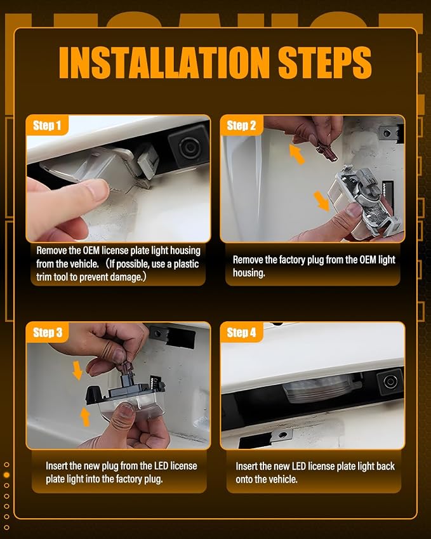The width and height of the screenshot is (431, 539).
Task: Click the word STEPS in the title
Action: [x=325, y=62]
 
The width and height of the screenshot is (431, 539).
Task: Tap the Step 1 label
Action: [x=47, y=126]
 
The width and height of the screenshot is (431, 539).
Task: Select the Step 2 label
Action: [x=241, y=126]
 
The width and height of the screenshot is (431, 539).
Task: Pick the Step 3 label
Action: [x=48, y=333]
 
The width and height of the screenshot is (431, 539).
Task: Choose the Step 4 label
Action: [x=241, y=333]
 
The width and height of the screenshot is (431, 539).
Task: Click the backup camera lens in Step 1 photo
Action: [x=188, y=147]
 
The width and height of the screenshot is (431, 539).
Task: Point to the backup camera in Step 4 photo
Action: [x=390, y=381]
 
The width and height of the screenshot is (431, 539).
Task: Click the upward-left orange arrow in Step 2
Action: [x=296, y=154]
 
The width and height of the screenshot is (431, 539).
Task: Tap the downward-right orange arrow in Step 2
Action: [x=322, y=201]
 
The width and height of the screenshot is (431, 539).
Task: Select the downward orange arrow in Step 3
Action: [x=77, y=370]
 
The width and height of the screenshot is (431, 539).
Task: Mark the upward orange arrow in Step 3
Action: [x=85, y=416]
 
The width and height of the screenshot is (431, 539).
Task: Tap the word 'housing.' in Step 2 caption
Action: [x=249, y=273]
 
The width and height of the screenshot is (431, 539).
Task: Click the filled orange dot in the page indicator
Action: [x=6, y=475]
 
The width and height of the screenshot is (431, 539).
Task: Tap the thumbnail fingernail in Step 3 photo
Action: [x=126, y=411]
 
